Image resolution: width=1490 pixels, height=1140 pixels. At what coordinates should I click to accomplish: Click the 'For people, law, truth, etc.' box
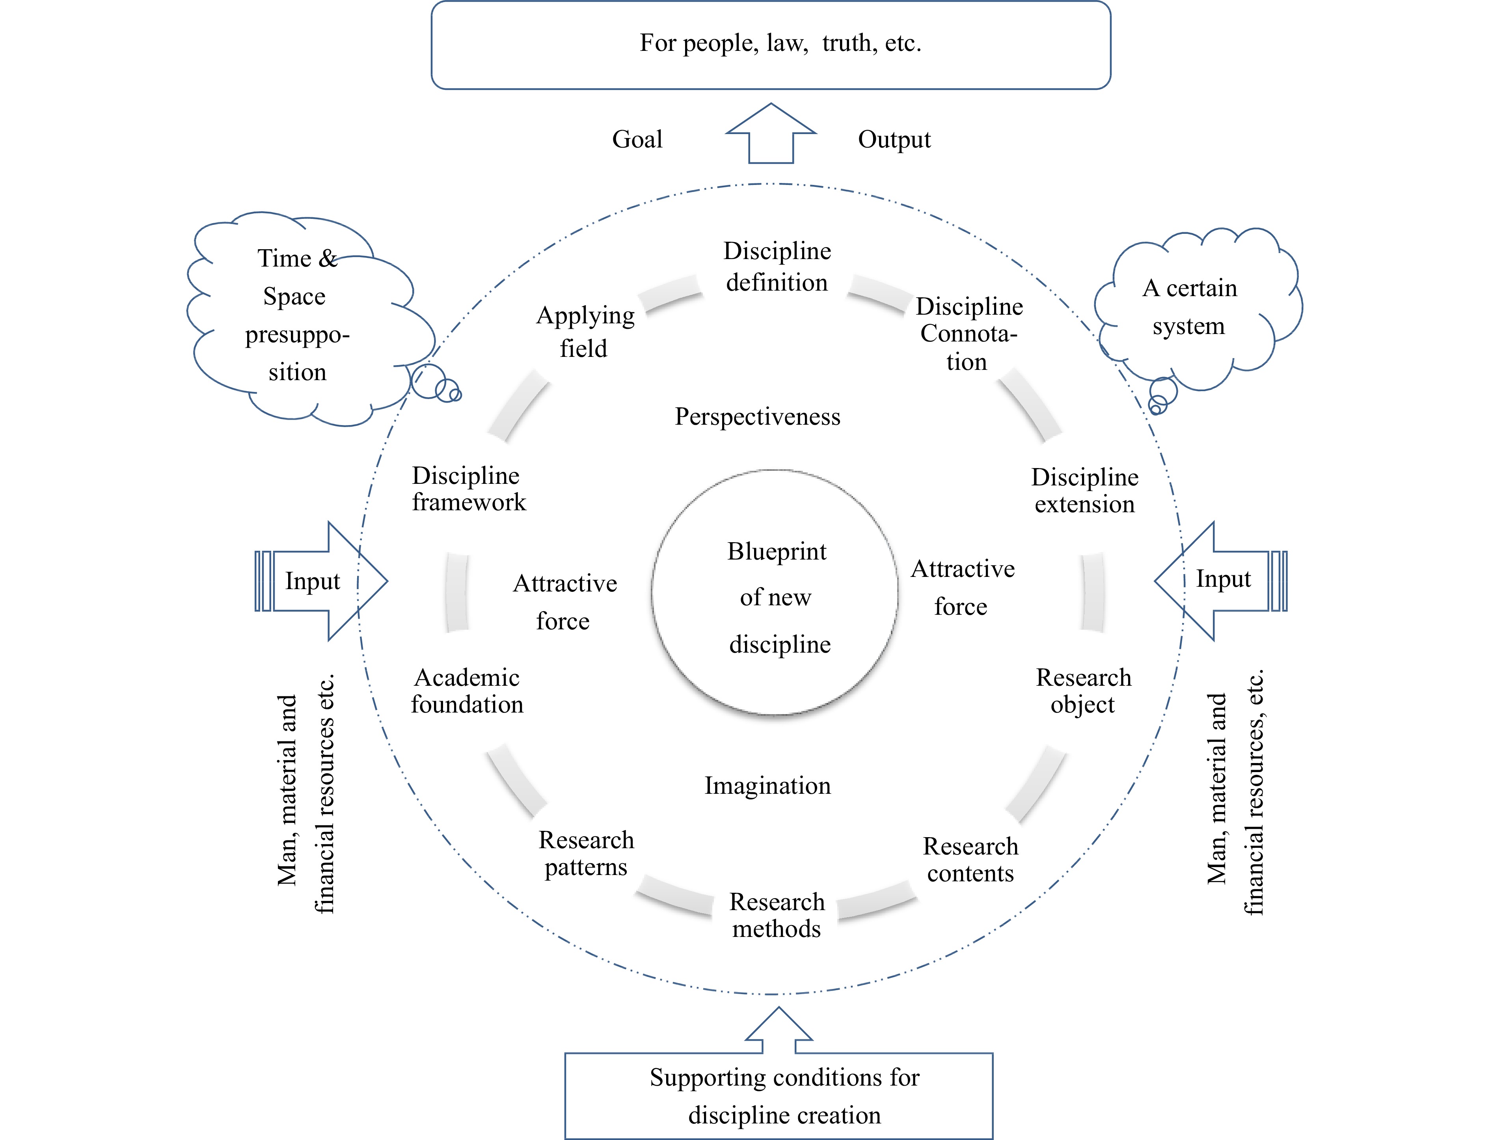pyautogui.click(x=771, y=45)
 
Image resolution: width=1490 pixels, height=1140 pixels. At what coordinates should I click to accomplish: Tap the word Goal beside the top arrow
pyautogui.click(x=637, y=139)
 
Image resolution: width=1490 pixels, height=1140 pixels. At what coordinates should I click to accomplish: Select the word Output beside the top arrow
pyautogui.click(x=894, y=139)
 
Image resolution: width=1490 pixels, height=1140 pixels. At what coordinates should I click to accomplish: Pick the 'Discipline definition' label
pyautogui.click(x=777, y=267)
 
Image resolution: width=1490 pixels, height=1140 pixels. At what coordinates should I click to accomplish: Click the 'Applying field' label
pyautogui.click(x=585, y=332)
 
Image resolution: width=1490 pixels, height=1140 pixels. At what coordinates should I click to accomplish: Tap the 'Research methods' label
pyautogui.click(x=777, y=915)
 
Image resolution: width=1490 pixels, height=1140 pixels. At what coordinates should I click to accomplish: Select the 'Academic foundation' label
pyautogui.click(x=467, y=691)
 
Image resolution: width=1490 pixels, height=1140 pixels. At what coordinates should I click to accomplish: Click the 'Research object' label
pyautogui.click(x=1083, y=691)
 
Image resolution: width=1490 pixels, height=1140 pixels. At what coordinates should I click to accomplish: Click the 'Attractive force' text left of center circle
pyautogui.click(x=564, y=602)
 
